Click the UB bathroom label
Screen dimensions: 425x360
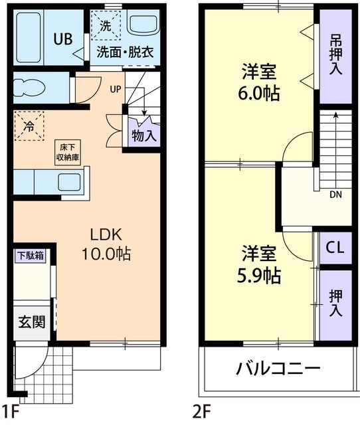62,38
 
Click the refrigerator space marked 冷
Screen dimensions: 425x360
29,125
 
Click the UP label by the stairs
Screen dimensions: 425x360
115,88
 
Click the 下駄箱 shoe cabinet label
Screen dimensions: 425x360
31,255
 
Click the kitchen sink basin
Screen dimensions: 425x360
68,181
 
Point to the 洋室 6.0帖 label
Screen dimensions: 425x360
258,82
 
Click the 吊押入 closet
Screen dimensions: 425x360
335,56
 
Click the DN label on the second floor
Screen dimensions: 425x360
337,195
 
